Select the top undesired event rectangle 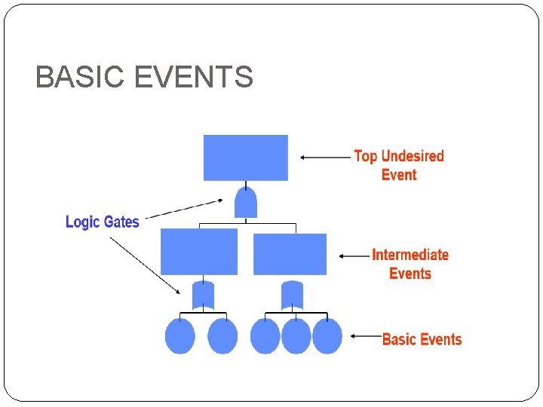246,158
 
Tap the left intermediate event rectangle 199,252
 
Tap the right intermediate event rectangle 290,254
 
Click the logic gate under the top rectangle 246,202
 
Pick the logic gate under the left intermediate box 203,295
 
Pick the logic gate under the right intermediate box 292,295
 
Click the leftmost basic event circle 180,336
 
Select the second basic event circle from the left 222,336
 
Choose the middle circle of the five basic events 265,336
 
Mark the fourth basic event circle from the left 296,336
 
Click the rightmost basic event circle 327,336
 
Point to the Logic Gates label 103,222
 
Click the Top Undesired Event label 399,165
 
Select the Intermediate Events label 410,264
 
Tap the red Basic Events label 422,339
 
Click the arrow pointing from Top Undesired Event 325,158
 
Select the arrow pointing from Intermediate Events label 354,256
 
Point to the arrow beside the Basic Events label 367,336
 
